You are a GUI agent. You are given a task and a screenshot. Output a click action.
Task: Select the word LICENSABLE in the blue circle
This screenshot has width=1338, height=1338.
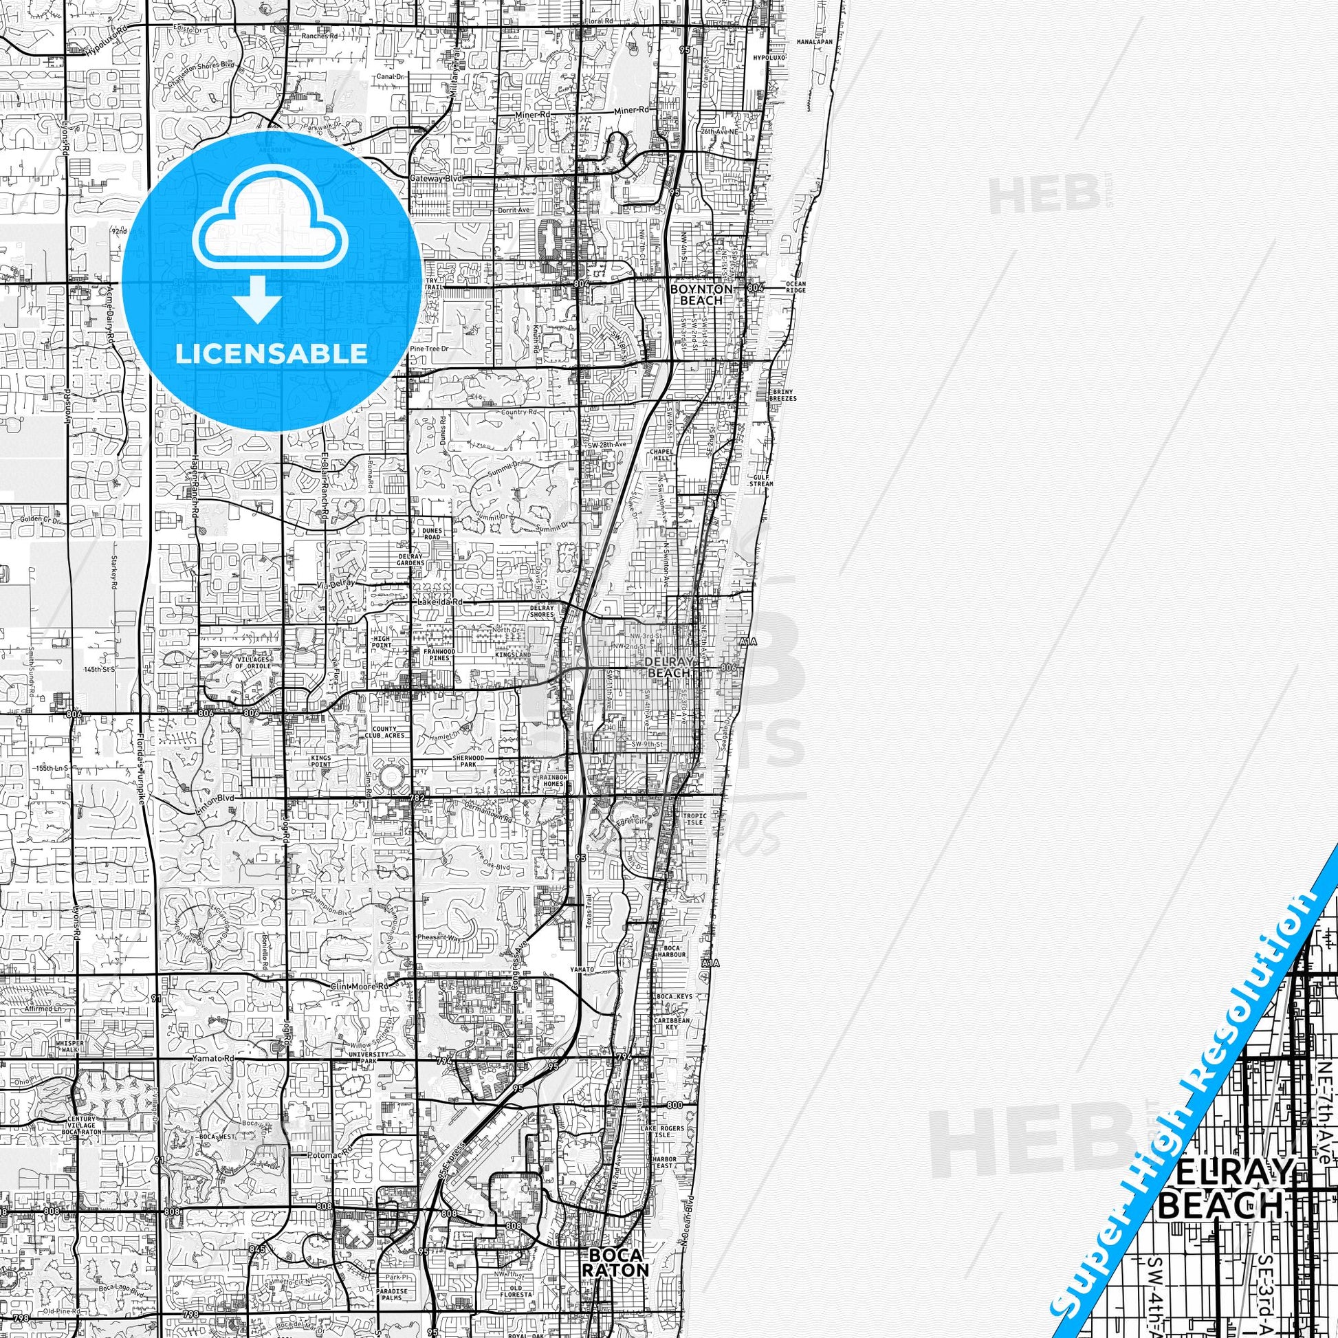coord(271,353)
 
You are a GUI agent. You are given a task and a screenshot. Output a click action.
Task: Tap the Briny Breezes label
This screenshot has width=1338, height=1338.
coord(782,394)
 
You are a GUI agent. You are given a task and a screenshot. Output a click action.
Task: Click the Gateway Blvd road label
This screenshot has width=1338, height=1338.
coord(436,178)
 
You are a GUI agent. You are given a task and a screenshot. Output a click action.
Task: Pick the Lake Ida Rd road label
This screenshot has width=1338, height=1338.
coord(440,602)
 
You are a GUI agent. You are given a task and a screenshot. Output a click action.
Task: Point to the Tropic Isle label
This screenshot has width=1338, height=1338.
coord(693,819)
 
